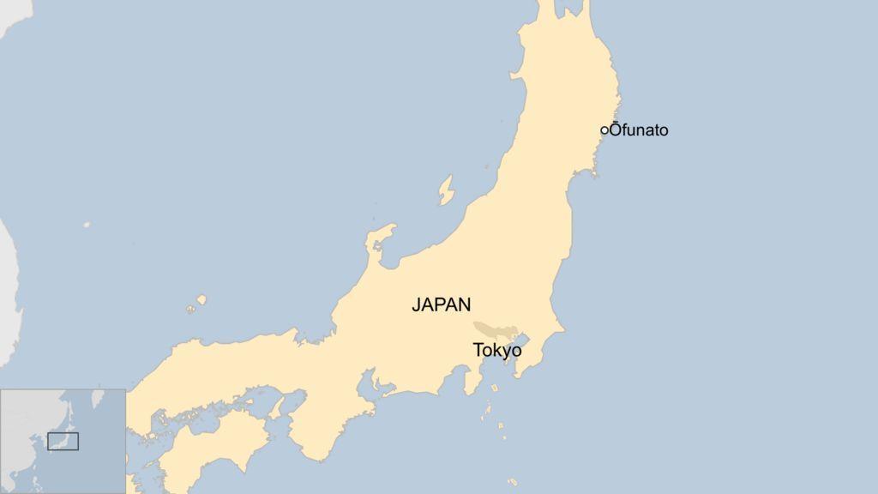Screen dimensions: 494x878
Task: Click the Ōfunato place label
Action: (x=639, y=130)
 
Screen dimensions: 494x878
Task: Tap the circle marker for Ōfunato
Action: (x=604, y=130)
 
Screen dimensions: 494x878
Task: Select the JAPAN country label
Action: (x=441, y=304)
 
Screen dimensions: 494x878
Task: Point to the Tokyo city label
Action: (x=497, y=350)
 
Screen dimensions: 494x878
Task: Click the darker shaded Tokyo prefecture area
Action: (x=491, y=330)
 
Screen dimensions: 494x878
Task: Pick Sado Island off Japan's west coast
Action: (x=446, y=190)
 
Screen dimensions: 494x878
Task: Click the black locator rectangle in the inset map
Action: (x=63, y=442)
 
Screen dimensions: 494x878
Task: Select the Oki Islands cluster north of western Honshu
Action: (x=199, y=301)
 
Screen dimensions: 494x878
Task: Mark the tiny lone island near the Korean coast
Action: (x=87, y=225)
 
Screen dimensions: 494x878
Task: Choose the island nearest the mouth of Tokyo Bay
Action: (x=496, y=390)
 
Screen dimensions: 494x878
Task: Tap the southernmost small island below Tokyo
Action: (x=513, y=482)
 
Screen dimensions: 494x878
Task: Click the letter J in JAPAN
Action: (x=416, y=304)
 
